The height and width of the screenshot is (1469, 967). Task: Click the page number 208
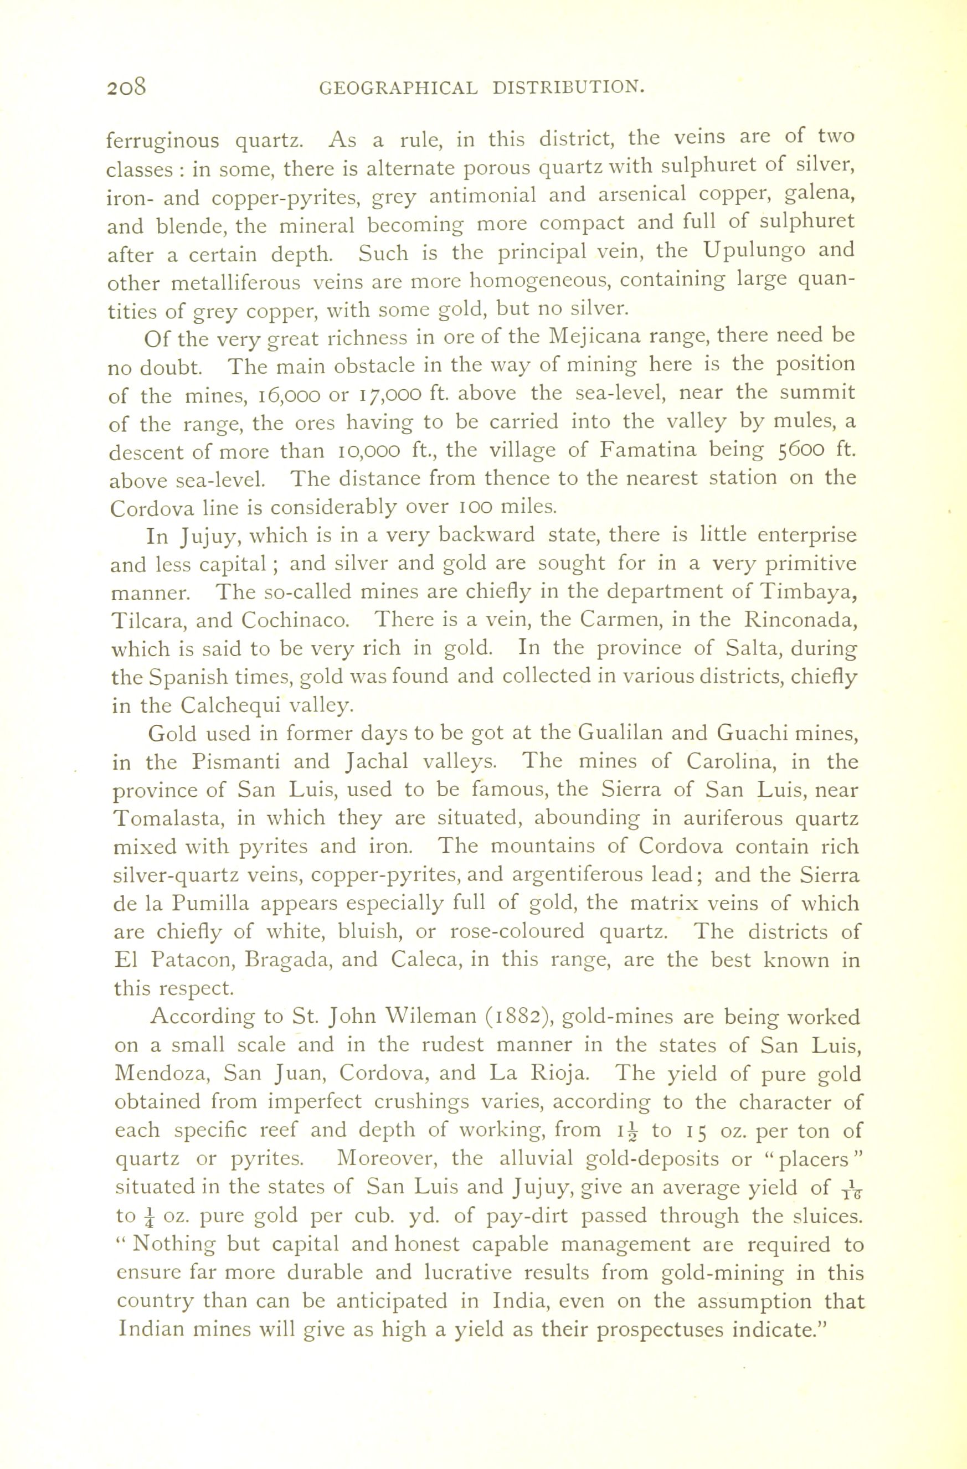(127, 87)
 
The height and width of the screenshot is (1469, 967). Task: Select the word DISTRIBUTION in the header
(569, 88)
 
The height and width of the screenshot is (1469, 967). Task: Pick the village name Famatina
(649, 450)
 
